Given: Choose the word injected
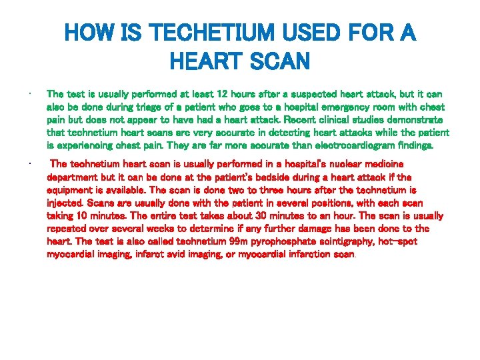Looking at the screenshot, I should [x=65, y=203].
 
